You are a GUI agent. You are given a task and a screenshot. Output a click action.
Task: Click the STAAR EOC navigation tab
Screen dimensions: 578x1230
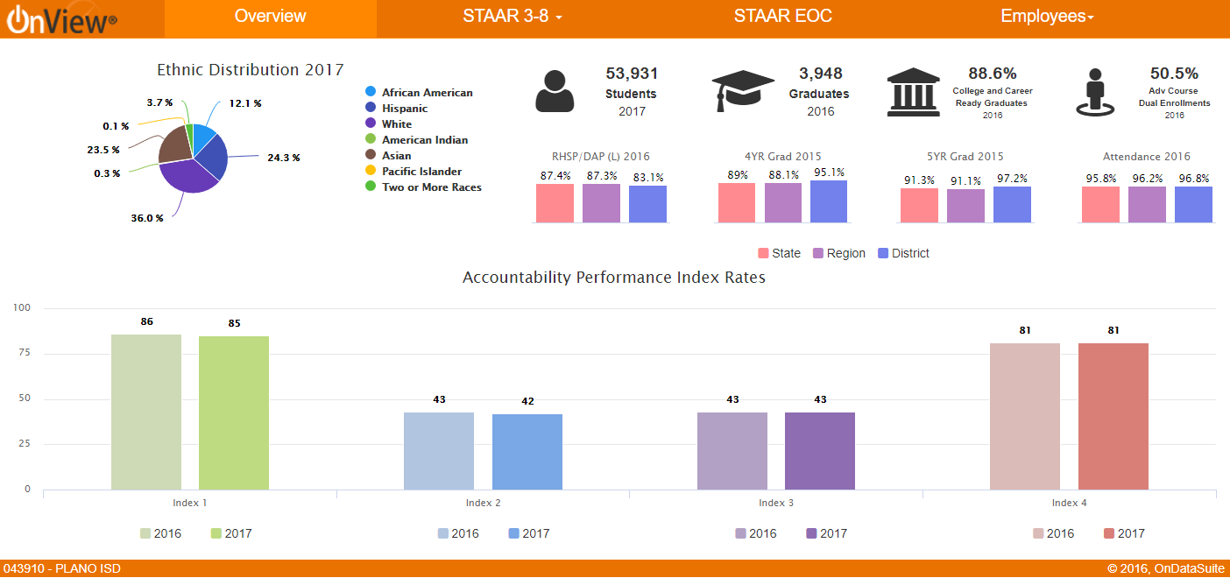click(782, 17)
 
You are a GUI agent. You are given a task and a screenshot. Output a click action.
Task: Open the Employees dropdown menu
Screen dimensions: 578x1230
click(1047, 17)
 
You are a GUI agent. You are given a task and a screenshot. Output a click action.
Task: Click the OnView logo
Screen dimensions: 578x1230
click(61, 19)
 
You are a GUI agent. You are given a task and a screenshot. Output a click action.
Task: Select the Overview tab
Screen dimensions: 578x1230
click(271, 17)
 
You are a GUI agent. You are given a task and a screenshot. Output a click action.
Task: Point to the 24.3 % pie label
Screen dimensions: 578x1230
click(284, 158)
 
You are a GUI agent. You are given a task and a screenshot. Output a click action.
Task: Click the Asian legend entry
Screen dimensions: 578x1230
click(396, 156)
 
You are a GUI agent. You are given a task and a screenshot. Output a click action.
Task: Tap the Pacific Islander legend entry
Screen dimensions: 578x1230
click(421, 172)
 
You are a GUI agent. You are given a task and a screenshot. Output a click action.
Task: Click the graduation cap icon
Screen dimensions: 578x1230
click(743, 91)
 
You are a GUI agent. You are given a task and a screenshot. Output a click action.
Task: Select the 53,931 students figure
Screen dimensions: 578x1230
click(632, 74)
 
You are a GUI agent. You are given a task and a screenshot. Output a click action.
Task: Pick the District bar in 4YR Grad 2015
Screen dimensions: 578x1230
click(829, 201)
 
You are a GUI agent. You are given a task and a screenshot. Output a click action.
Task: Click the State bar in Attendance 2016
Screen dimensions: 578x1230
click(1100, 204)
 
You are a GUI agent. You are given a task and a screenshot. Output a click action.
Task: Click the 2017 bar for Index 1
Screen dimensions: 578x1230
click(234, 412)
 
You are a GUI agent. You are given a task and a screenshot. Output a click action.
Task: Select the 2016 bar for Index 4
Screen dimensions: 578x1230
click(1025, 416)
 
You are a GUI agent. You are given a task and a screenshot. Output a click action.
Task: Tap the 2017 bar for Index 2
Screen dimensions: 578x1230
click(527, 451)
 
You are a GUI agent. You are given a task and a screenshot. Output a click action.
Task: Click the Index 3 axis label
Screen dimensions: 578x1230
click(776, 503)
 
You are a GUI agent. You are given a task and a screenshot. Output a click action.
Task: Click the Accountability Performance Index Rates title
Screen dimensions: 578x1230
click(614, 278)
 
